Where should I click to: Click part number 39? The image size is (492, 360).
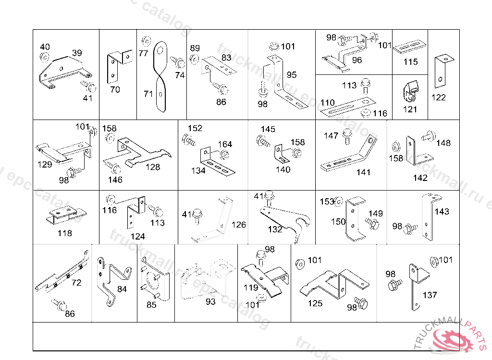click(77, 53)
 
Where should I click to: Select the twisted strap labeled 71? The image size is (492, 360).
click(161, 77)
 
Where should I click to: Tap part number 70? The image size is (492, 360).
click(115, 89)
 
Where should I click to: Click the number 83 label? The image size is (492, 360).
click(226, 58)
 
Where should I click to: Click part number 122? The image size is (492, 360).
click(438, 97)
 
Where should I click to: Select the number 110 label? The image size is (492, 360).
click(327, 103)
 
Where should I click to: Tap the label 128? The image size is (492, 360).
click(153, 167)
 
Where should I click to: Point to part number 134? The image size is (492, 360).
click(198, 170)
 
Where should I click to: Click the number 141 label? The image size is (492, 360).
click(363, 172)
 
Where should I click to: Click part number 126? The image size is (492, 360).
click(238, 225)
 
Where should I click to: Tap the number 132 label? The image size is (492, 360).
click(275, 229)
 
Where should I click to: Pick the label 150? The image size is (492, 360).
click(338, 221)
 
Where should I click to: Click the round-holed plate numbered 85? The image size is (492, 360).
click(155, 283)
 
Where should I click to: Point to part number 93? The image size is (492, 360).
click(210, 301)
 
